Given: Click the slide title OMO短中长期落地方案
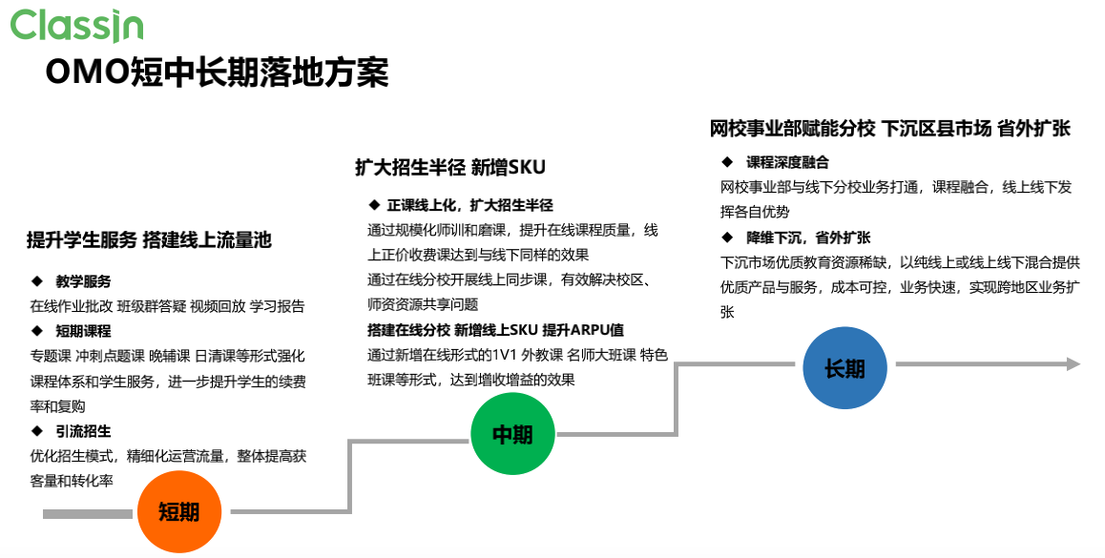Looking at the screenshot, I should [x=218, y=72].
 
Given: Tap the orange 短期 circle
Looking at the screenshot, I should [x=178, y=511].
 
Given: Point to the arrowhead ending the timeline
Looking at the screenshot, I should [x=1073, y=363].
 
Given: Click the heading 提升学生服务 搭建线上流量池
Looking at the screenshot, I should [x=149, y=240].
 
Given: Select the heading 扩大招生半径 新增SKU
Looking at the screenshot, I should [x=450, y=167].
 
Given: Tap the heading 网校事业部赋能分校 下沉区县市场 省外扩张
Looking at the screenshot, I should [x=889, y=129].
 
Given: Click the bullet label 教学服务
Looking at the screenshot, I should [x=83, y=281].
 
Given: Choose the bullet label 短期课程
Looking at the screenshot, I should [x=83, y=331].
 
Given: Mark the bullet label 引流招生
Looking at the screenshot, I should [x=83, y=431].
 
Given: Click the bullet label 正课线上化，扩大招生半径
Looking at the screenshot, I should [x=469, y=205].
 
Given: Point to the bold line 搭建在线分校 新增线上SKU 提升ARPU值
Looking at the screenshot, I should [x=495, y=330].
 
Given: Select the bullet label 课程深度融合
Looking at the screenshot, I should [x=787, y=162].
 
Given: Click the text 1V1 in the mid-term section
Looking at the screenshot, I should [x=503, y=355].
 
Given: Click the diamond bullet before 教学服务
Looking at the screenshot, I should [x=37, y=281].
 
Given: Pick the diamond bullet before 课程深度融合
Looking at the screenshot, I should [x=727, y=162].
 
